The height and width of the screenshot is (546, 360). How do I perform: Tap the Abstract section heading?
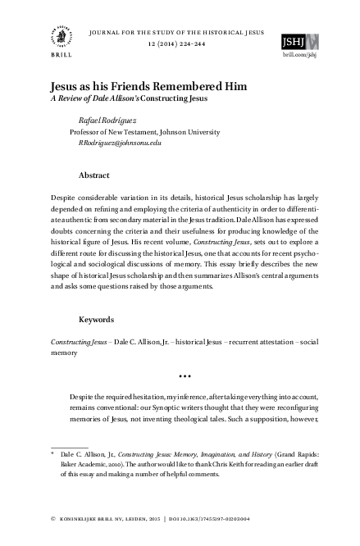pos(94,175)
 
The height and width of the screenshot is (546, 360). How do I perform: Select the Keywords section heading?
pos(98,319)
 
